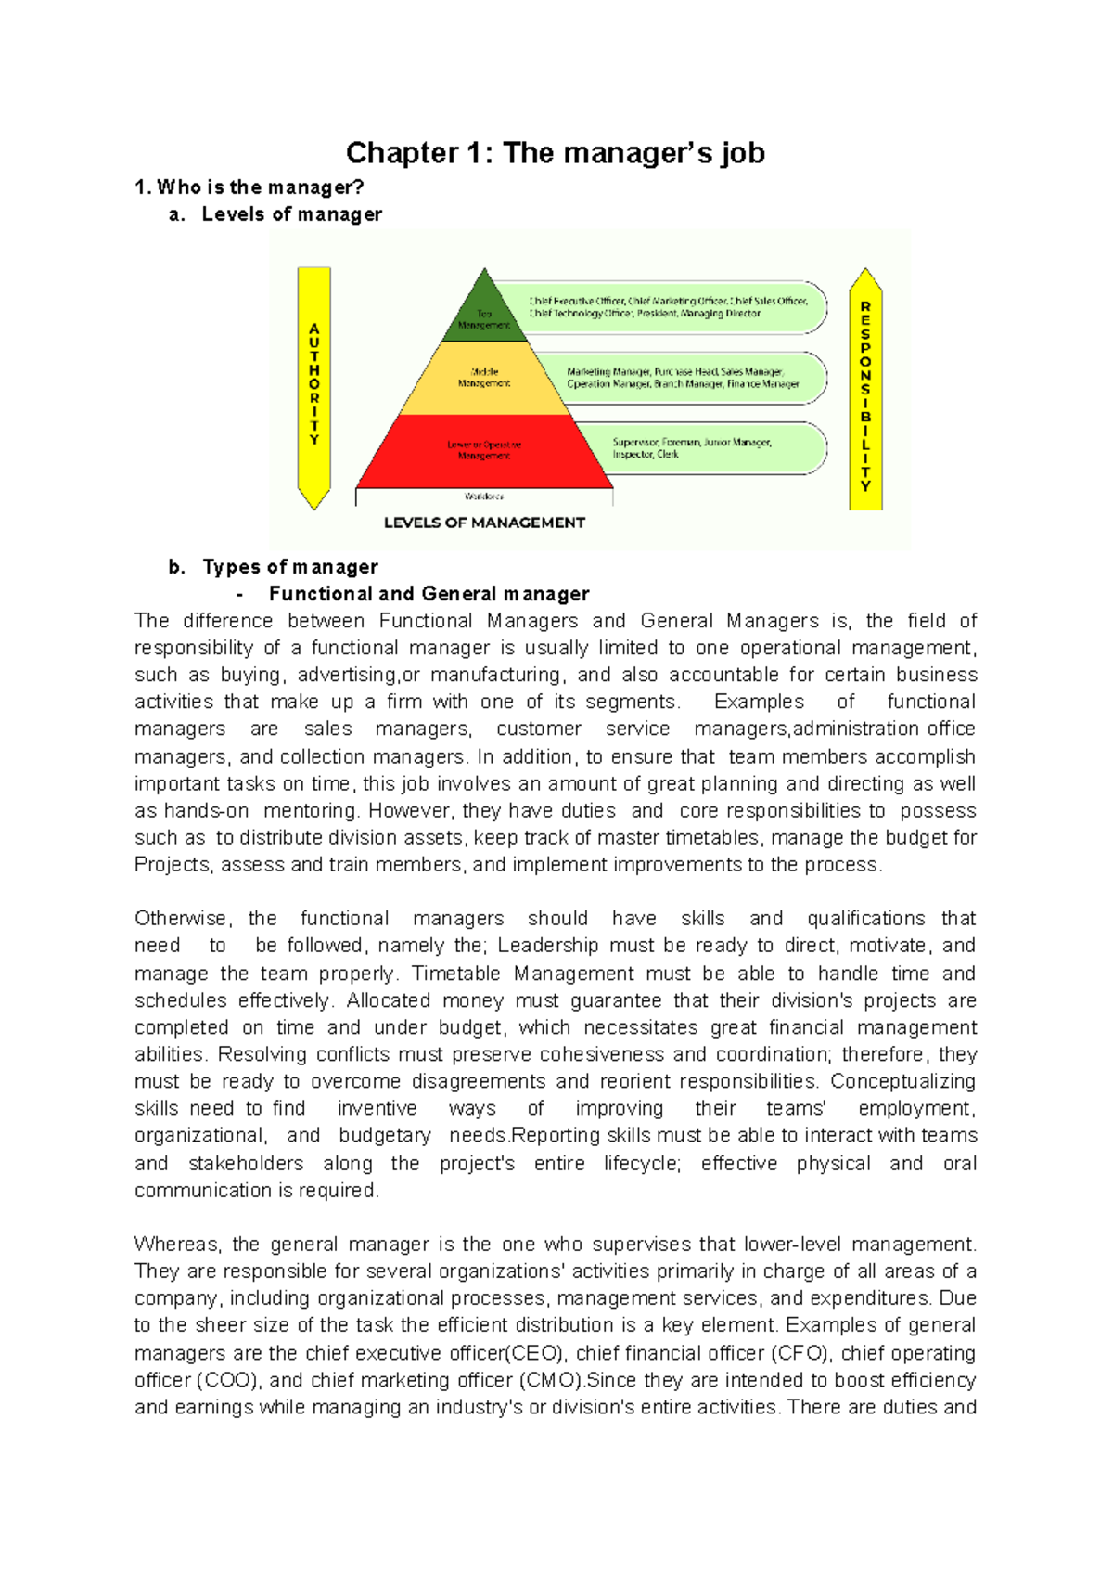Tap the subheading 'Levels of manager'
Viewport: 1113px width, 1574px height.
coord(291,214)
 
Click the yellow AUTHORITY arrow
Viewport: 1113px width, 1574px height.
coord(314,385)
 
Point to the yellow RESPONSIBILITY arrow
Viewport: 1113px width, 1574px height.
coord(865,390)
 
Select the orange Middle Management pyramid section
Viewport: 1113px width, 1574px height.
coord(484,378)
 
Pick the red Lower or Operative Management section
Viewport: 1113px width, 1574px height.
coord(484,451)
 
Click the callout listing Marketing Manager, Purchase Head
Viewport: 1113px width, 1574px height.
coord(682,378)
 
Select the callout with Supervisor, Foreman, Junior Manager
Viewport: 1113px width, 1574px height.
coord(714,448)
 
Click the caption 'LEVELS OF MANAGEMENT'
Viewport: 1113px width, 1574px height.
coord(484,523)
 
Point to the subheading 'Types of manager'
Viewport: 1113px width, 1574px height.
coord(290,567)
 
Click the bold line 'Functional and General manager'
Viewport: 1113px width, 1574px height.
coord(429,594)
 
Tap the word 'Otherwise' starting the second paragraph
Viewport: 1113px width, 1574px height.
coord(181,919)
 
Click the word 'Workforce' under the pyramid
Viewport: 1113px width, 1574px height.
coord(484,497)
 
